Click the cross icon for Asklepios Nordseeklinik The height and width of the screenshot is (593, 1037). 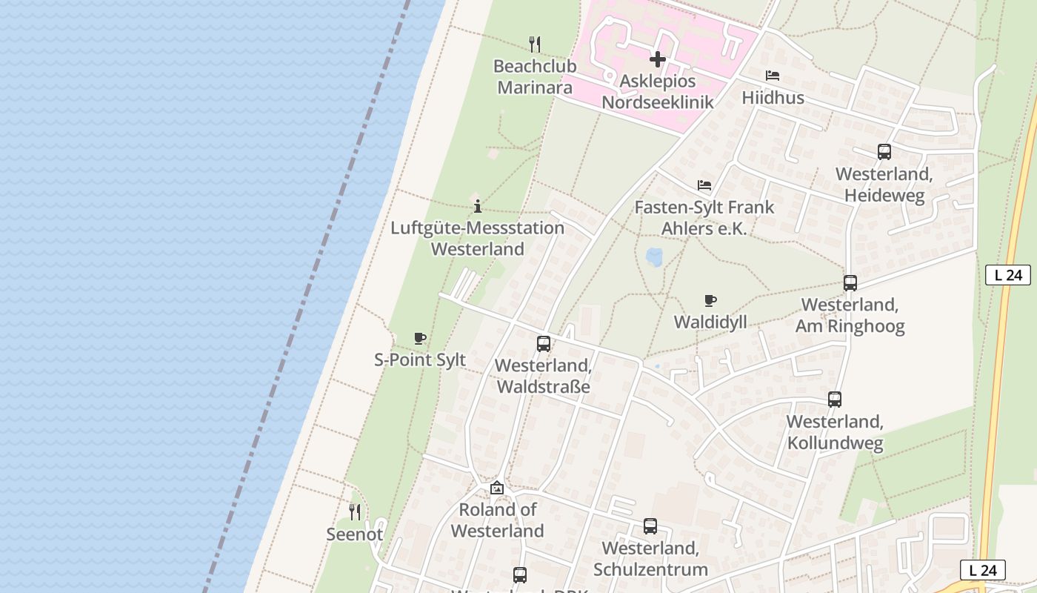[657, 59]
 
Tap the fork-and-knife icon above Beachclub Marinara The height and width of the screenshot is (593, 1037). [535, 44]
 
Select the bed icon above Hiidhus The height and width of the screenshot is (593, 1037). [773, 76]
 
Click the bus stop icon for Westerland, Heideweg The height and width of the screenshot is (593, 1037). [884, 152]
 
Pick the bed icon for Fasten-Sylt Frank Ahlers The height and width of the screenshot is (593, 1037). [704, 185]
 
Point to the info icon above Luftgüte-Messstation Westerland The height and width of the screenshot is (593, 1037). [478, 206]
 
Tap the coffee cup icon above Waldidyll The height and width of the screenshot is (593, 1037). [710, 300]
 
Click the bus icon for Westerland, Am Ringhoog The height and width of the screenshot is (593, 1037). [850, 283]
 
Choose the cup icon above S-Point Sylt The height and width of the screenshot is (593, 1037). [419, 339]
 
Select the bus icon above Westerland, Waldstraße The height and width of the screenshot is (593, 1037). [543, 344]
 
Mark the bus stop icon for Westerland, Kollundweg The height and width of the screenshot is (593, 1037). [835, 400]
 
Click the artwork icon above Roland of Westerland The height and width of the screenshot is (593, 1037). [497, 488]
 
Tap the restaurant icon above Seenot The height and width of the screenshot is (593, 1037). [355, 511]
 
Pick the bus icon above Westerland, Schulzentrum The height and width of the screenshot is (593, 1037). [650, 526]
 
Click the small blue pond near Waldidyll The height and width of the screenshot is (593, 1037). [655, 257]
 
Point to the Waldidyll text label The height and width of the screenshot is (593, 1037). [710, 322]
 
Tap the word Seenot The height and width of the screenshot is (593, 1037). [355, 534]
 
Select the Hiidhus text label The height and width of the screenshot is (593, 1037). [773, 98]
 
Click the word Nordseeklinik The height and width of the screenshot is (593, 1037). [657, 102]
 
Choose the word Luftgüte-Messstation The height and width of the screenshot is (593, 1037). [478, 228]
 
